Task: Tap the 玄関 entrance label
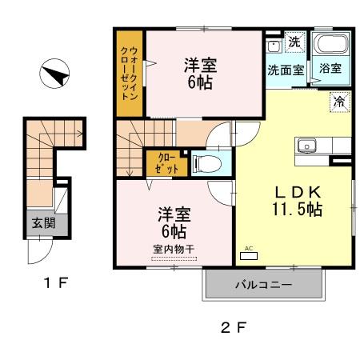pyautogui.click(x=44, y=223)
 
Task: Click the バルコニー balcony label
pyautogui.click(x=263, y=284)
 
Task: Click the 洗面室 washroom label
pyautogui.click(x=285, y=70)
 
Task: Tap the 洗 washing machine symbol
pyautogui.click(x=294, y=42)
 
